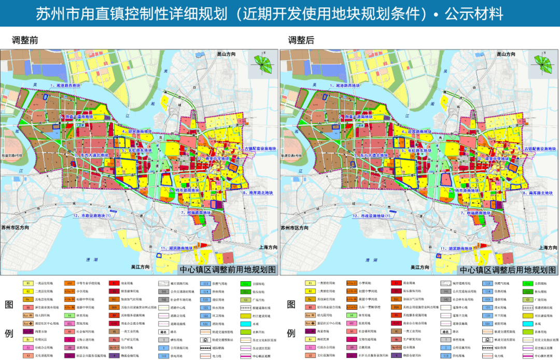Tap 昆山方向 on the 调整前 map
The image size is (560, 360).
pos(226,53)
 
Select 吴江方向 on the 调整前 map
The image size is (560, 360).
pos(143,267)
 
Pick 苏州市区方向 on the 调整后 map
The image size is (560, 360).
pos(298,228)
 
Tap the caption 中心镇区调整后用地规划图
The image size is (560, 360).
pos(508,270)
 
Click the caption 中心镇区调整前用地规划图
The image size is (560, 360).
pos(228,270)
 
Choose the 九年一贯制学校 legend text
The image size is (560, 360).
pos(368,307)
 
